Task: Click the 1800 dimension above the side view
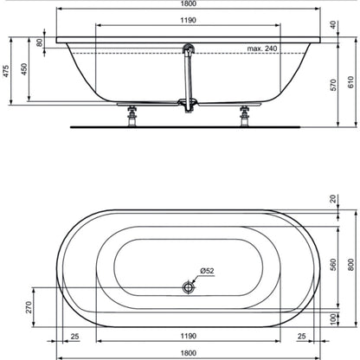(189, 3)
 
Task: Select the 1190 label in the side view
(189, 20)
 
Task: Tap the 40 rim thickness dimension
(333, 25)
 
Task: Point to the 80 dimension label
(40, 42)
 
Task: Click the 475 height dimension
(6, 71)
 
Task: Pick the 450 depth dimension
(24, 69)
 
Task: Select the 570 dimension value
(333, 85)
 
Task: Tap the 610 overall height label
(350, 82)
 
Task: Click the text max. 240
(262, 48)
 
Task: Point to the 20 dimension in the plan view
(333, 199)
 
